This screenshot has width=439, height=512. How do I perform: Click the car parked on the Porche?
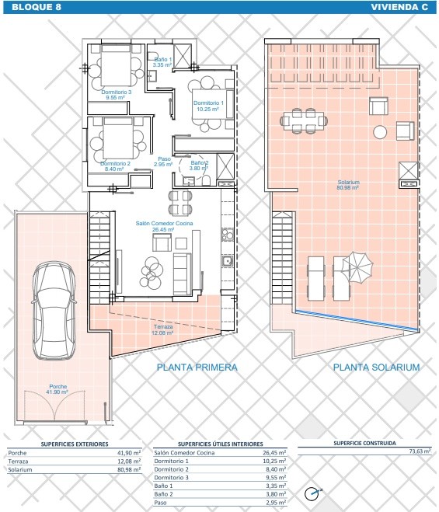click(x=54, y=310)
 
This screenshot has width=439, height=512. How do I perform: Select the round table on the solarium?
click(x=380, y=132)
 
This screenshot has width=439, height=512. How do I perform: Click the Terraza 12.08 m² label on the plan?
click(x=162, y=329)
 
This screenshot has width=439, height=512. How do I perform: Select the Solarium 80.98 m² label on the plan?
click(x=349, y=185)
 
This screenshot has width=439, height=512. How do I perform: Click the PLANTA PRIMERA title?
click(x=197, y=367)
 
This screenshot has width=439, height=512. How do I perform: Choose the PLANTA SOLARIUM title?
click(x=376, y=367)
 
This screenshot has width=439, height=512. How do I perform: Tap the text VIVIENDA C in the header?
click(x=399, y=7)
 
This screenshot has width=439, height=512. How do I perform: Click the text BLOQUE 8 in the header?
click(x=37, y=7)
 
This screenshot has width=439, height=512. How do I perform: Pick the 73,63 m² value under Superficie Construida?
click(x=420, y=451)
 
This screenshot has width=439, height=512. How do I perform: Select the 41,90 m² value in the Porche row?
click(x=129, y=453)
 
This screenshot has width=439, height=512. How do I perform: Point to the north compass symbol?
click(x=312, y=493)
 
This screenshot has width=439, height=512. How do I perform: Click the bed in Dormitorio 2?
click(x=118, y=138)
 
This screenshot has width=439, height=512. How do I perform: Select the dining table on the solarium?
click(x=304, y=121)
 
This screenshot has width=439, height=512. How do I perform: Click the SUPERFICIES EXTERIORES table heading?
click(x=75, y=444)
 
